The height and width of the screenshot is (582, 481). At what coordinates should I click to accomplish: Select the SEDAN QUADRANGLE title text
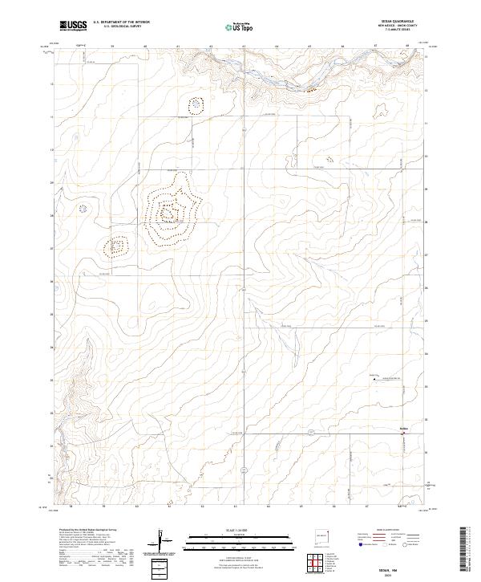pos(397,22)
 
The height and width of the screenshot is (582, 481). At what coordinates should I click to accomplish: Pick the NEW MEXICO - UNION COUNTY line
pos(397,26)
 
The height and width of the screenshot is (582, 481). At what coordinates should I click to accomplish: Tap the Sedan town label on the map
pos(404,428)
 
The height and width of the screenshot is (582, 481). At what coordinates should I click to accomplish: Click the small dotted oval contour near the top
pos(195,104)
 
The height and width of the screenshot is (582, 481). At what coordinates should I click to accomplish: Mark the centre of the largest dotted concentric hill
pos(169,213)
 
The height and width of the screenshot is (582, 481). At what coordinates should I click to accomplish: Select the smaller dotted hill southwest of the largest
pos(117,246)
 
